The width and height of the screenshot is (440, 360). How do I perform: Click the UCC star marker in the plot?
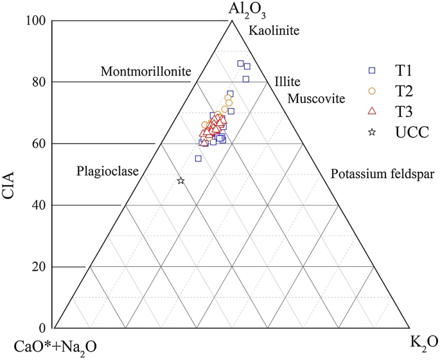(180, 181)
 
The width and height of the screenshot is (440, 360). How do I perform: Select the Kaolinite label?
(274, 30)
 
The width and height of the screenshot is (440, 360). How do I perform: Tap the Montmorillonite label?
(146, 71)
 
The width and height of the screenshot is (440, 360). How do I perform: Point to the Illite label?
(286, 82)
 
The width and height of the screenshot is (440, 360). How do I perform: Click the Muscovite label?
(316, 99)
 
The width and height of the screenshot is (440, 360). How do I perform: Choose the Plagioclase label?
(107, 171)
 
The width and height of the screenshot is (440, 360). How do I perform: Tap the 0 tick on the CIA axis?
(42, 327)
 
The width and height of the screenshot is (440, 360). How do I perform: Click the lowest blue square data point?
(198, 158)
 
